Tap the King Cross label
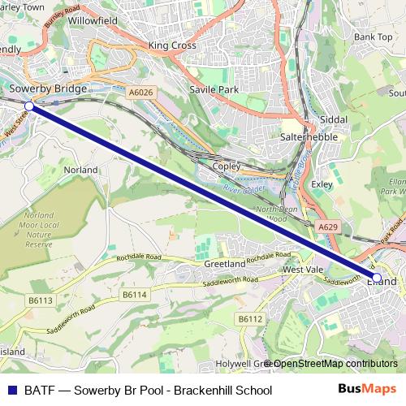tap(172, 45)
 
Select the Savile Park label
tap(210, 89)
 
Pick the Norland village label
tap(80, 170)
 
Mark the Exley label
tap(322, 184)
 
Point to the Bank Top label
tap(373, 37)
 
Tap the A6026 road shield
tap(140, 94)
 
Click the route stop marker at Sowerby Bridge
tap(29, 106)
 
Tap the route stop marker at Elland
tap(376, 278)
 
